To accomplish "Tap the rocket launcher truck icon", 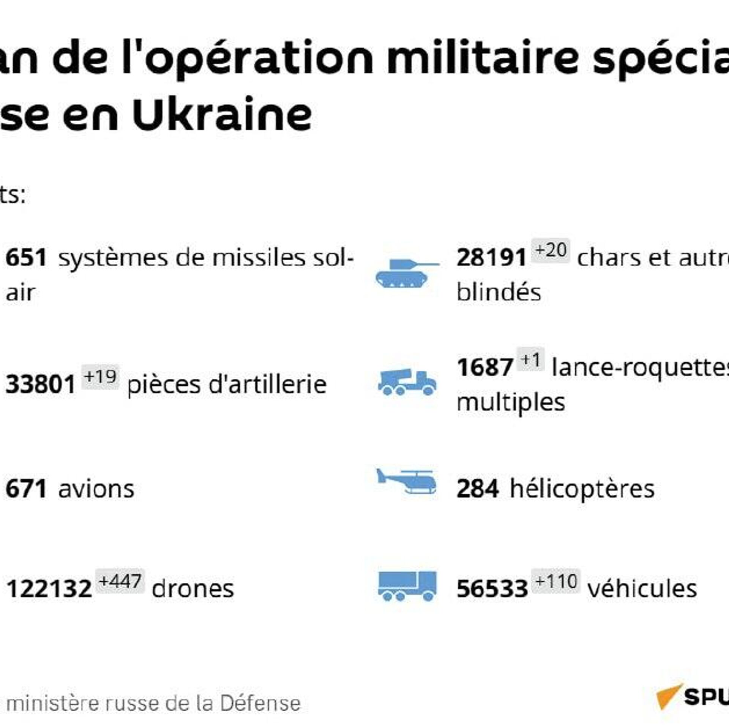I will [x=407, y=382].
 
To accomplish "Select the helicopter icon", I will [x=407, y=481].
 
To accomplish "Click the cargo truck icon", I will [x=407, y=586].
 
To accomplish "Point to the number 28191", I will [x=491, y=258].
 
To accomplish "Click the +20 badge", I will [x=550, y=250].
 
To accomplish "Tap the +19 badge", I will [x=100, y=377].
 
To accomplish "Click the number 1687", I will [x=485, y=367].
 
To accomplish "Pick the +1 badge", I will [x=531, y=359].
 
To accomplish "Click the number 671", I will [x=26, y=489].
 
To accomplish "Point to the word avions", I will [x=96, y=489].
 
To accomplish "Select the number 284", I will [x=477, y=489].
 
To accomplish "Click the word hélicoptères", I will [x=582, y=489].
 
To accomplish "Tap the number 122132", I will [x=49, y=589].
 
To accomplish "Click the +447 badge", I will [x=120, y=581].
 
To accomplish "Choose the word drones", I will [x=193, y=589].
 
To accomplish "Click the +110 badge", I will [x=556, y=581].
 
